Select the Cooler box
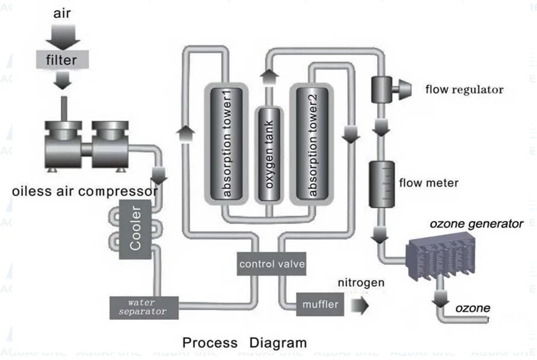click(136, 228)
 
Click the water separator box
click(144, 306)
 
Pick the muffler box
click(320, 305)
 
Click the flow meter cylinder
click(380, 184)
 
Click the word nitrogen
click(361, 284)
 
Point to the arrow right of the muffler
click(359, 305)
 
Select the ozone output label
click(473, 308)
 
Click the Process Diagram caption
click(244, 342)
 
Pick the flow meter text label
click(429, 182)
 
